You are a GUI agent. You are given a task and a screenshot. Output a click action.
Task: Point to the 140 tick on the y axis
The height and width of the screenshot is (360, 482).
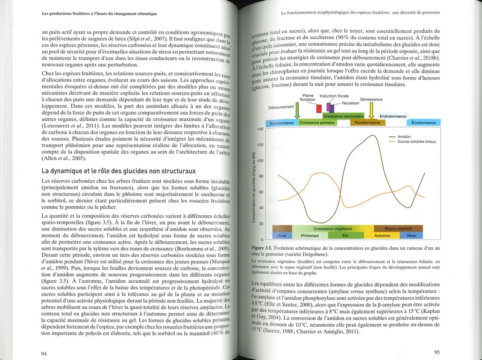(260, 130)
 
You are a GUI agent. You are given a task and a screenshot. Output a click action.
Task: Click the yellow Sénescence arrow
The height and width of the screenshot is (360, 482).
(372, 112)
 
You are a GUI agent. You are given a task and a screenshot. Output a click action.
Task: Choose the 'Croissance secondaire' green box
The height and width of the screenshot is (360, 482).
(343, 116)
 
